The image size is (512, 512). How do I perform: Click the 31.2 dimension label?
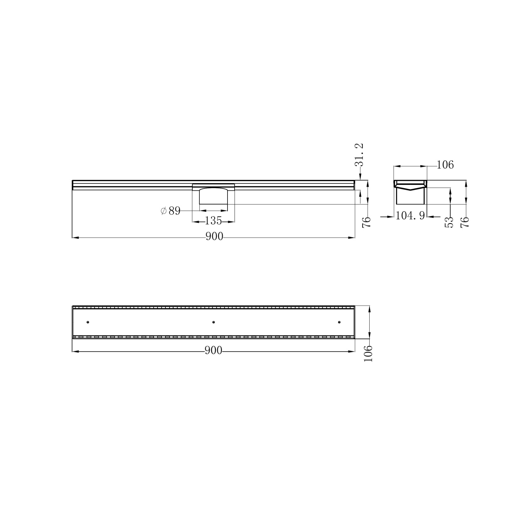[x=359, y=155]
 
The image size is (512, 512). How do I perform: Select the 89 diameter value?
[x=174, y=211]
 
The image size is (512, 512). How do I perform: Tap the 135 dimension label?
[x=213, y=221]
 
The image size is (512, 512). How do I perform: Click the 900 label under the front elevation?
[x=214, y=237]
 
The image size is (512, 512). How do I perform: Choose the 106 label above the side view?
[x=445, y=165]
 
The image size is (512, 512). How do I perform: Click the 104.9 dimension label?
[x=410, y=216]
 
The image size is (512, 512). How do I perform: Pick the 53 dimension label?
[x=450, y=222]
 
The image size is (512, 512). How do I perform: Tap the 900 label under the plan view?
[x=213, y=351]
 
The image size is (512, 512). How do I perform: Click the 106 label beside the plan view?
[x=369, y=353]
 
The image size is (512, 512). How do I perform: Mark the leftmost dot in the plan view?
[x=88, y=322]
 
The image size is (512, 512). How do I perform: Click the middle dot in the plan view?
[x=213, y=322]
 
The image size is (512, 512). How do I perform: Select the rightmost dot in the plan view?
[x=339, y=322]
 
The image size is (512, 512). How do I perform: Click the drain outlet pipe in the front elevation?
[x=213, y=196]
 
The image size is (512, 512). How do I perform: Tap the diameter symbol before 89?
[x=164, y=211]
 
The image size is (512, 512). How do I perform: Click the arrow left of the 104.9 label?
[x=387, y=217]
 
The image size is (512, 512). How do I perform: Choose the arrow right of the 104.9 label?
[x=434, y=217]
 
